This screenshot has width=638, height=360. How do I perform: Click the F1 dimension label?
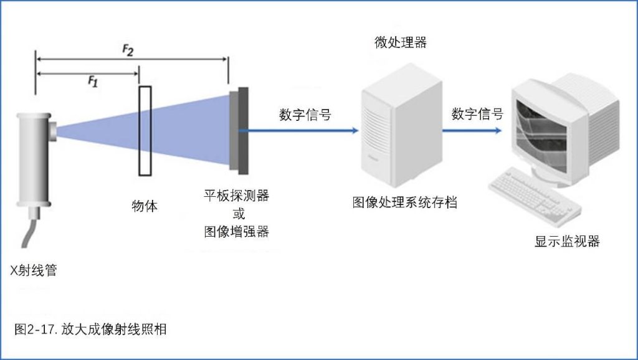coord(92,81)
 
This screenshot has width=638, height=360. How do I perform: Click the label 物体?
coord(145,207)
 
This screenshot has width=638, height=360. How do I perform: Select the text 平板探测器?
coord(237,195)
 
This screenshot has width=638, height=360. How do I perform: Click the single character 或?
coord(237,214)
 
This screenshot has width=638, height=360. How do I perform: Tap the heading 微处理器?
coord(401,42)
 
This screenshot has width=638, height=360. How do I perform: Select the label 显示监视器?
coord(567,242)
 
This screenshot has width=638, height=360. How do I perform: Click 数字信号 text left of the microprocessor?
coord(305,115)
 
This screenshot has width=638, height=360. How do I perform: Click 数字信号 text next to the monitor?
coord(477,115)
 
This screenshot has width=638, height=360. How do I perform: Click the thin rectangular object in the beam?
coord(145,131)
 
